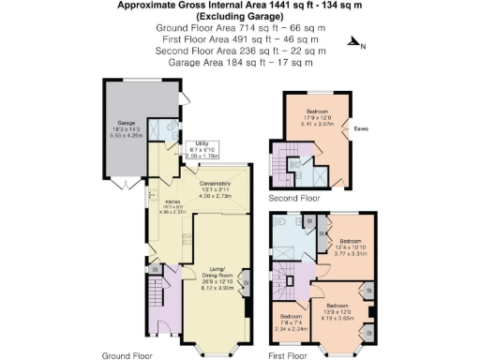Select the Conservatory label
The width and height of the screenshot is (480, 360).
click(219, 187)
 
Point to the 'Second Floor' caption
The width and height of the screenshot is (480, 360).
click(293, 199)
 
